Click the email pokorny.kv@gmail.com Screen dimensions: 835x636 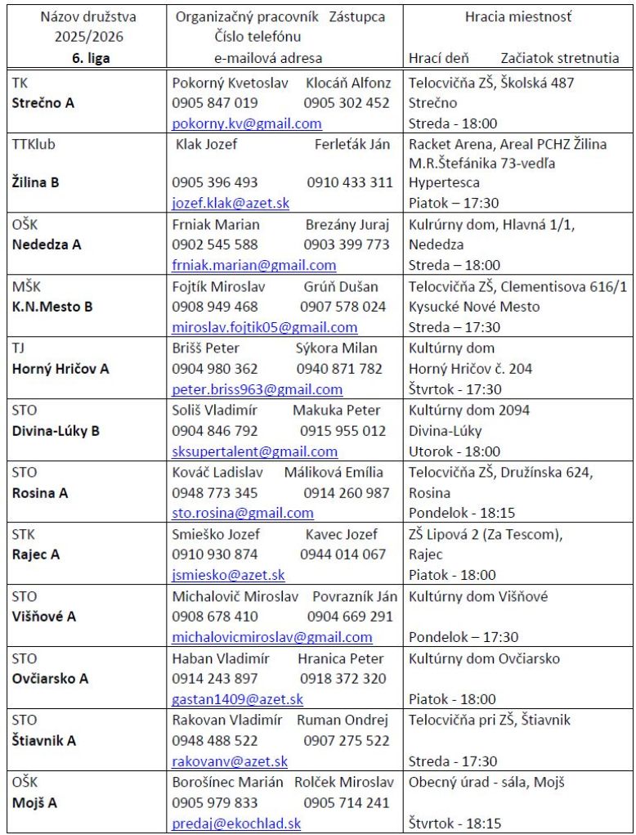point(246,124)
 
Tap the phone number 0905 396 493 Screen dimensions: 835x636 point(215,182)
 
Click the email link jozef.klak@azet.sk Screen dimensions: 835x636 point(231,203)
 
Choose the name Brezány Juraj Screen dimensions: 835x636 point(347,224)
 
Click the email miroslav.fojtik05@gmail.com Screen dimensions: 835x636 point(264,327)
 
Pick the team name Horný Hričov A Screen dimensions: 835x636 point(60,368)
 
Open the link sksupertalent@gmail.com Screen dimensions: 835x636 point(254,451)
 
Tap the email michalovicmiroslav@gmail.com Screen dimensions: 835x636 point(271,637)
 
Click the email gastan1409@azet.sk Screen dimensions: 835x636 point(237,699)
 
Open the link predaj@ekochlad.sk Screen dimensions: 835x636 point(236,824)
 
